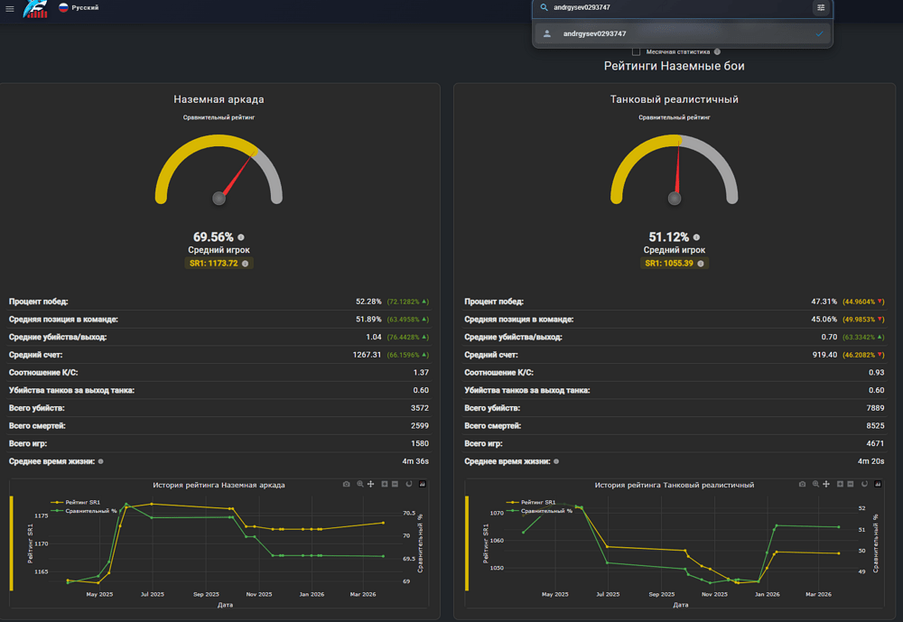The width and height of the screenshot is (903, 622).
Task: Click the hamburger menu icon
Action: pyautogui.click(x=10, y=9)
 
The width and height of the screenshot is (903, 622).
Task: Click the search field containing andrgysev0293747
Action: pyautogui.click(x=677, y=7)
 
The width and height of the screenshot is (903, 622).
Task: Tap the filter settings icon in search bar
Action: pyautogui.click(x=821, y=7)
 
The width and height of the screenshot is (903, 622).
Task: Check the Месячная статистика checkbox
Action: pyautogui.click(x=637, y=51)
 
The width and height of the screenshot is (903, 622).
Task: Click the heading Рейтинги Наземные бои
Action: pyautogui.click(x=674, y=66)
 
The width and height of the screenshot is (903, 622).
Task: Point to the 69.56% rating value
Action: pyautogui.click(x=213, y=237)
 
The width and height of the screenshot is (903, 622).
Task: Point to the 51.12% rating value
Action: pyautogui.click(x=668, y=237)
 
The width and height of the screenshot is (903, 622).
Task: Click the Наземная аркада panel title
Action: pyautogui.click(x=219, y=99)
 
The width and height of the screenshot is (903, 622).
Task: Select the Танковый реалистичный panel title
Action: pyautogui.click(x=674, y=99)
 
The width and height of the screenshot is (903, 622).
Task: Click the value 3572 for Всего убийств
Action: pyautogui.click(x=419, y=408)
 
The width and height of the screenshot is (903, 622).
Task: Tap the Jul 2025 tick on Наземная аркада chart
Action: pyautogui.click(x=152, y=594)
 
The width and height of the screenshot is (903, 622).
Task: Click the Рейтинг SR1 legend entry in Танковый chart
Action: pyautogui.click(x=534, y=502)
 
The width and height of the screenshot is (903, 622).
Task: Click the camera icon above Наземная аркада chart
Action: pyautogui.click(x=347, y=485)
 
